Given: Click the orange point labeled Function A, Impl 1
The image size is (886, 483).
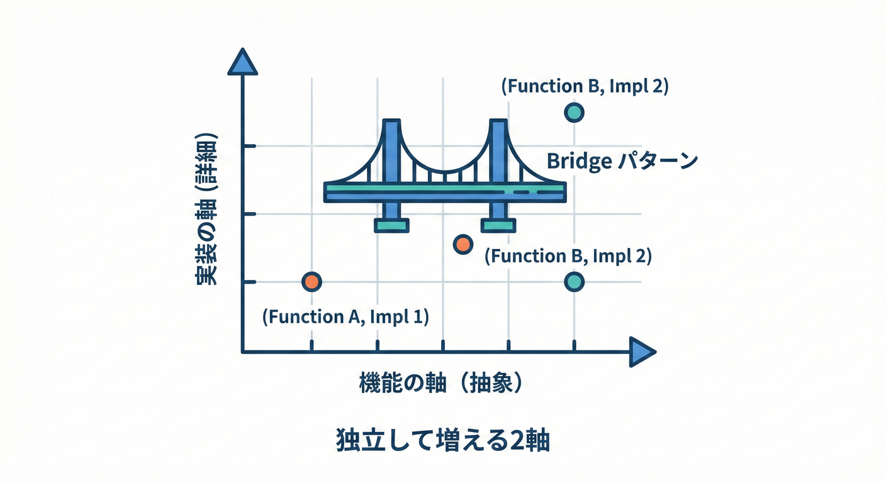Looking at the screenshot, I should click(x=311, y=282).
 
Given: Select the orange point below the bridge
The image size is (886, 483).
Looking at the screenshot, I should click(x=463, y=245).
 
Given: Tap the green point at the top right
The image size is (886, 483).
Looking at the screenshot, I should click(x=574, y=113).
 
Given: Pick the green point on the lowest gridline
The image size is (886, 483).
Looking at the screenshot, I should click(x=574, y=282).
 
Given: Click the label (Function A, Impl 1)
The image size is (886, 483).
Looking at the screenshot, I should click(x=345, y=316).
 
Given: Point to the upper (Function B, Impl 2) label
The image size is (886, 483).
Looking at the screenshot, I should click(x=585, y=86).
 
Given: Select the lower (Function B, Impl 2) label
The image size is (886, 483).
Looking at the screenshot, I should click(x=568, y=256).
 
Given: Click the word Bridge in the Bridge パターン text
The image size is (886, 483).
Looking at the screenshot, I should click(x=579, y=162).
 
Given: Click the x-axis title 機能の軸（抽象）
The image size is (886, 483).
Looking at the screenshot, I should click(x=441, y=383).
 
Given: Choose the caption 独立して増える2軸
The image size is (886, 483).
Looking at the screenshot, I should click(x=442, y=441).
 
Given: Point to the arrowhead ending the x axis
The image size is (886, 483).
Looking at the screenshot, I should click(x=642, y=352).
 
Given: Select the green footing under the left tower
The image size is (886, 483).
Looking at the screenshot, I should click(x=391, y=225).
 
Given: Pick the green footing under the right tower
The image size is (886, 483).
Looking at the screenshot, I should click(x=498, y=225).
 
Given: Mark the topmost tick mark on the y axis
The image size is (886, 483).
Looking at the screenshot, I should click(x=248, y=146).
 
